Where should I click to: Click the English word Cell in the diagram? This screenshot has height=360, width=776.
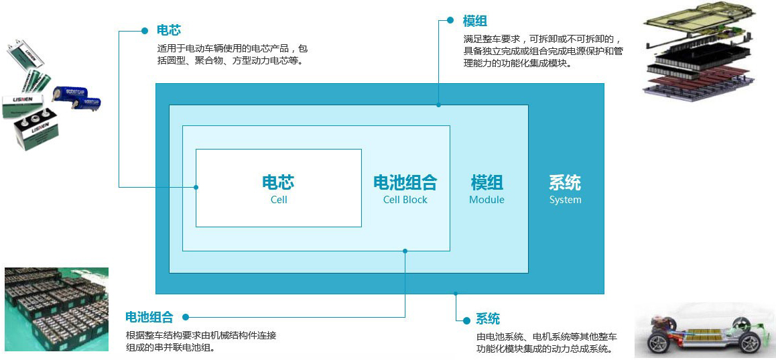coord(279,200)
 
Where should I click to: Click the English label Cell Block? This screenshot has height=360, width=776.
coord(405,200)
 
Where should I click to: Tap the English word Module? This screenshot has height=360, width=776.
coord(487,200)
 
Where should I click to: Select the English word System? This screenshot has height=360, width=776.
coord(565,200)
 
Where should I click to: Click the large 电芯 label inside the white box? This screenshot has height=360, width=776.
coord(278,182)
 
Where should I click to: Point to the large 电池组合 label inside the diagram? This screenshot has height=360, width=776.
coord(405,182)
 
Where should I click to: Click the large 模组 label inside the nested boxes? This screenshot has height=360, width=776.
coord(487,182)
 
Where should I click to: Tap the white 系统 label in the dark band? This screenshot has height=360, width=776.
coord(565,182)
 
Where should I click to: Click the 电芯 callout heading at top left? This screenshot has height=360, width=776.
coord(169,30)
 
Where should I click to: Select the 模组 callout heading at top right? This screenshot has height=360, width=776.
coord(475,21)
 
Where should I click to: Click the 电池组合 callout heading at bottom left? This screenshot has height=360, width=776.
coord(149,317)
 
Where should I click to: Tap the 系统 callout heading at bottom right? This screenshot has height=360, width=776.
coord(488,319)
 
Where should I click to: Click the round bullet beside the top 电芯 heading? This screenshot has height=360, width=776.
coord(145,31)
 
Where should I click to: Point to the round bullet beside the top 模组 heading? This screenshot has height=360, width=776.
coord(450,20)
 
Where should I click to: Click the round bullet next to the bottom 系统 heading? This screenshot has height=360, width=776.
coord(466,320)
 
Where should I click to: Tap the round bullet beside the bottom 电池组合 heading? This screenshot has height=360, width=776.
coord(185,317)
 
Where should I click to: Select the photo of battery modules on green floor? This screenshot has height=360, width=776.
coord(56,310)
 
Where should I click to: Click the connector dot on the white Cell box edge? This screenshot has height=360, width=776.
coord(196,187)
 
